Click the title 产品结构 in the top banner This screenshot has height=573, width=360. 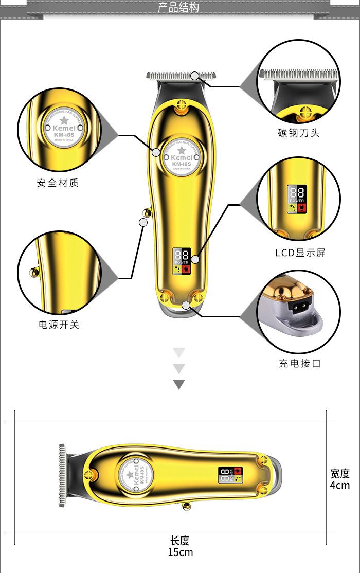point(178,8)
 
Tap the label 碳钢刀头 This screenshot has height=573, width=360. point(298,133)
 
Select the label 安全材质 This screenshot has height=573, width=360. point(58,183)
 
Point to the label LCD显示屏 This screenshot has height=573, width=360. point(300,253)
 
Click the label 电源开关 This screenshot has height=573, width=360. point(59,325)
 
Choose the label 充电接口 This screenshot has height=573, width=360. point(300,364)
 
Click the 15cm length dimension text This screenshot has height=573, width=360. point(180,552)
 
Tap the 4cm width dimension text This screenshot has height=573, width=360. point(339,485)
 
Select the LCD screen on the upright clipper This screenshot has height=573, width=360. point(182,259)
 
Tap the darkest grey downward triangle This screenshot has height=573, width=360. point(178,384)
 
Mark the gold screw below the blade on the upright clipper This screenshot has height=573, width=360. point(181,108)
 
